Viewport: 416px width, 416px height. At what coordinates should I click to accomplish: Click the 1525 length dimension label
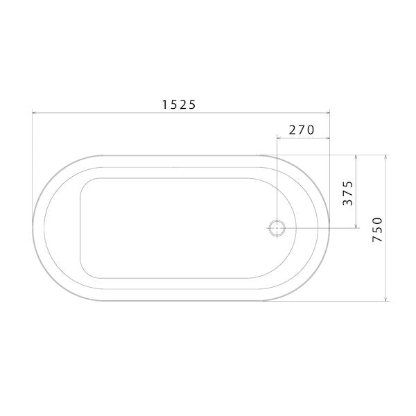(x=179, y=105)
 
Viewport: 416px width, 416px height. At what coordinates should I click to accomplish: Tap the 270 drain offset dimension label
(x=302, y=130)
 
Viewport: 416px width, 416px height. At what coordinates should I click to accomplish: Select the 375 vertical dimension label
(x=348, y=193)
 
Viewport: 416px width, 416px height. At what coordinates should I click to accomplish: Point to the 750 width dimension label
(x=377, y=229)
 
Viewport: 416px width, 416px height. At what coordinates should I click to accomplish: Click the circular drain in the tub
(x=277, y=228)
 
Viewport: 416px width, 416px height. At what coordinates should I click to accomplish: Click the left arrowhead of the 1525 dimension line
(x=34, y=113)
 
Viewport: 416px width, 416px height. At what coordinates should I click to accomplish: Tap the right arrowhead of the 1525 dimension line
(x=327, y=113)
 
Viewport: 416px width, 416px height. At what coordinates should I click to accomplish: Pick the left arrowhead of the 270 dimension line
(x=279, y=138)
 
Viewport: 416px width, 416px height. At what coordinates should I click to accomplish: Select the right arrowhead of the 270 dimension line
(x=327, y=138)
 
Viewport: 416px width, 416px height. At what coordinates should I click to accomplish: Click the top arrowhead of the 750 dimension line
(x=385, y=157)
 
